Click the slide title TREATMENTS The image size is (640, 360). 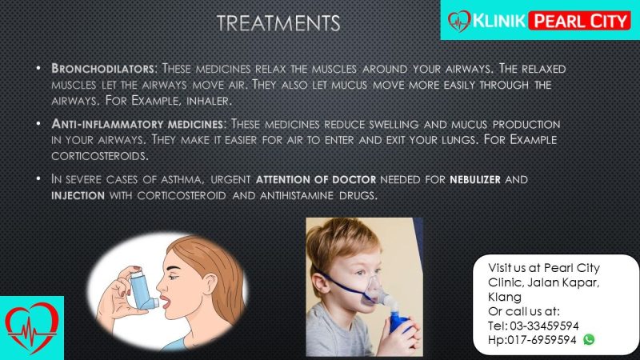(278, 23)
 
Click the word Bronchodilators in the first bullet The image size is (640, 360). (102, 68)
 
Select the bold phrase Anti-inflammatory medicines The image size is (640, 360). (137, 124)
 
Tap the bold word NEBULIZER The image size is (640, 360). (475, 179)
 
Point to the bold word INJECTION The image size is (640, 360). (78, 195)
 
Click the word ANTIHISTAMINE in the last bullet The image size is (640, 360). (297, 195)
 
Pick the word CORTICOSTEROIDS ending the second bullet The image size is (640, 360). (99, 155)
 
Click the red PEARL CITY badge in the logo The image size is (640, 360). (579, 21)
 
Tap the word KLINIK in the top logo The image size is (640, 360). (498, 21)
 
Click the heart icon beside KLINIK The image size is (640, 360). (459, 22)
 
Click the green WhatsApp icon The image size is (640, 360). (589, 339)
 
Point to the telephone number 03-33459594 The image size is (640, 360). (544, 326)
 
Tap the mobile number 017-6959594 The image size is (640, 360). (542, 339)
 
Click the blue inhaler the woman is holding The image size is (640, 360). (144, 290)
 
